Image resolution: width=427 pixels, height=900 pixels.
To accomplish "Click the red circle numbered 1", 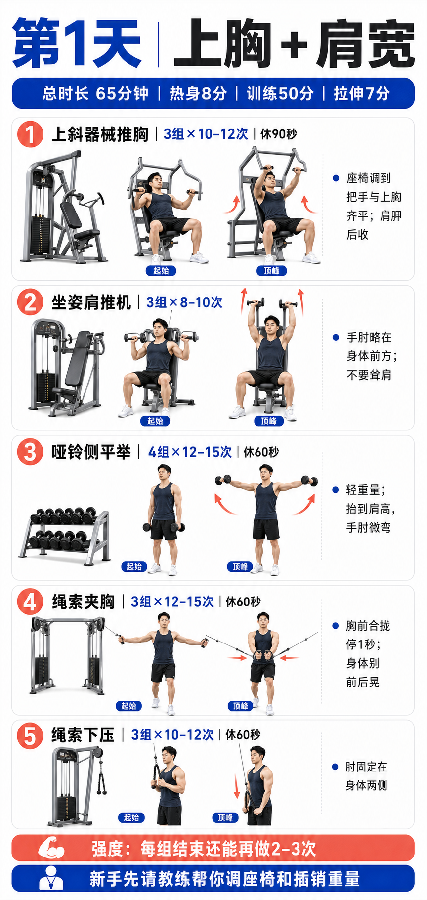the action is [30, 134].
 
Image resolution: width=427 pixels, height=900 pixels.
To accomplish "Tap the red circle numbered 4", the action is [30, 601].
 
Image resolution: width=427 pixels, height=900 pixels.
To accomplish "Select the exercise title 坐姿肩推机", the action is [91, 302].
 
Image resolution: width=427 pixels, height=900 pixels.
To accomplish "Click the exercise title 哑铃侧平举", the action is [91, 452].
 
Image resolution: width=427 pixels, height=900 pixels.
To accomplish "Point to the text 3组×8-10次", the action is [184, 302].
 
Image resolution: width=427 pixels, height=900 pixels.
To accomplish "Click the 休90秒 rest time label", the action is [279, 134].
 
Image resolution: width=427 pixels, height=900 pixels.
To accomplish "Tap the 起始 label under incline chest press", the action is [161, 271].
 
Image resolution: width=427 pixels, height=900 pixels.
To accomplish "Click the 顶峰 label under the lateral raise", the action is [240, 567].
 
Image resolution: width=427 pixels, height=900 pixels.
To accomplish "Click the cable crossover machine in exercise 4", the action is [67, 654].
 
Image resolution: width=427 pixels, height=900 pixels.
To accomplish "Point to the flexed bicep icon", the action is [52, 848].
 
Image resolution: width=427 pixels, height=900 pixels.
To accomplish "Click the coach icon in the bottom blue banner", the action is [51, 878].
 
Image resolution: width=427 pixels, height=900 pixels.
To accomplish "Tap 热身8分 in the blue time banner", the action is [198, 93].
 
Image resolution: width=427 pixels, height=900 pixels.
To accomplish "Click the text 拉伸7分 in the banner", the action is [362, 93].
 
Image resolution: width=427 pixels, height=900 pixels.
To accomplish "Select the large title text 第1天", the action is [77, 43].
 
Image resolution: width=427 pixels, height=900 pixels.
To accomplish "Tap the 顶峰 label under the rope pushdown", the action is [225, 818].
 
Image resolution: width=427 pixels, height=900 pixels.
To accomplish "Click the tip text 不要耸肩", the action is [369, 375].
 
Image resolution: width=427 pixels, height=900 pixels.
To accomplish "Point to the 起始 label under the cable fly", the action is [128, 706].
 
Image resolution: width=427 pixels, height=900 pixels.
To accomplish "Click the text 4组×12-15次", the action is [190, 452].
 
